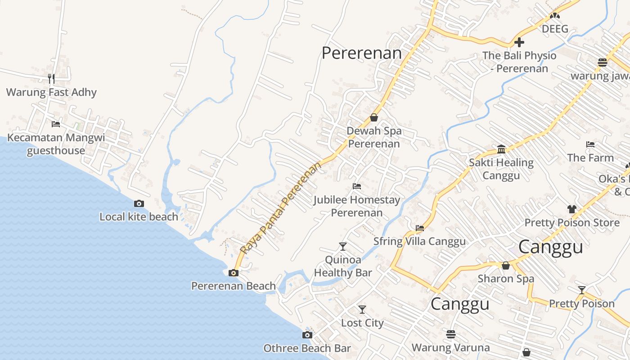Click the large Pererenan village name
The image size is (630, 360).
click(361, 53)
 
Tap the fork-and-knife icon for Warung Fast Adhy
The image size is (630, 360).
click(51, 79)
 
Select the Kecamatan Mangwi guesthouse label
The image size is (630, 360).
click(56, 144)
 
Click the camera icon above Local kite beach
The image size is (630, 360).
click(139, 203)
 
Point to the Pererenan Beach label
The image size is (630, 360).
click(234, 286)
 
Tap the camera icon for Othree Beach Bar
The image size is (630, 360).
click(307, 335)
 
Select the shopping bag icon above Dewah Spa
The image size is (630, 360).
click(374, 117)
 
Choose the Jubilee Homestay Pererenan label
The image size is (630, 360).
click(357, 206)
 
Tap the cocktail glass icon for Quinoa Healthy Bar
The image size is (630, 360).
click(343, 246)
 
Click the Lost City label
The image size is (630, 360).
click(362, 323)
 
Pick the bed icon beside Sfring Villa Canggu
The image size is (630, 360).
click(420, 228)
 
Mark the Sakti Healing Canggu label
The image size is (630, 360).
click(501, 169)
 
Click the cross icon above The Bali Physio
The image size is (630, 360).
click(519, 42)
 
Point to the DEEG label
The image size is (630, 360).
click(555, 29)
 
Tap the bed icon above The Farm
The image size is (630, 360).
click(590, 144)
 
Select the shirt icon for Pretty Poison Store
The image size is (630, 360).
click(571, 209)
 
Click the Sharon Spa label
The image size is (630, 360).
click(506, 279)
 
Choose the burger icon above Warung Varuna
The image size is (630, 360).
click(451, 334)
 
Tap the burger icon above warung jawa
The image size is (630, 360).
click(603, 63)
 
